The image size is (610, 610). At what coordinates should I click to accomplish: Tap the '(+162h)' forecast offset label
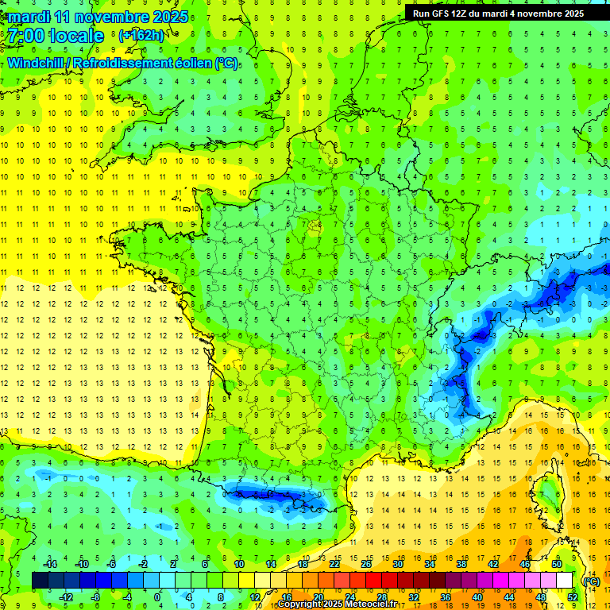tap(141, 35)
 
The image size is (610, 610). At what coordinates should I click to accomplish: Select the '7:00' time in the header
tap(25, 36)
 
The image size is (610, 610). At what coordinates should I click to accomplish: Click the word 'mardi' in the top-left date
tap(26, 16)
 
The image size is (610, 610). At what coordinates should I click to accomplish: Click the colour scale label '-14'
tap(51, 564)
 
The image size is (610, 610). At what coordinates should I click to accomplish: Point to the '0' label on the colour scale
tap(156, 596)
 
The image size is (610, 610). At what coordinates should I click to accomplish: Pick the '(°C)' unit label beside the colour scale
tap(591, 581)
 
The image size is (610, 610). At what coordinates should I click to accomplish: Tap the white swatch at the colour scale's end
tap(565, 581)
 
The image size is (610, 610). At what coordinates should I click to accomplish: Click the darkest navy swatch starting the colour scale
tap(40, 581)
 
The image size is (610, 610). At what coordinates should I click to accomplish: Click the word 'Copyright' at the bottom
tap(302, 604)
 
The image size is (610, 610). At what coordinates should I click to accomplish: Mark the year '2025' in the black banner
tap(569, 14)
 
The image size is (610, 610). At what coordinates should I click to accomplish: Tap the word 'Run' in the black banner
tap(421, 14)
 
